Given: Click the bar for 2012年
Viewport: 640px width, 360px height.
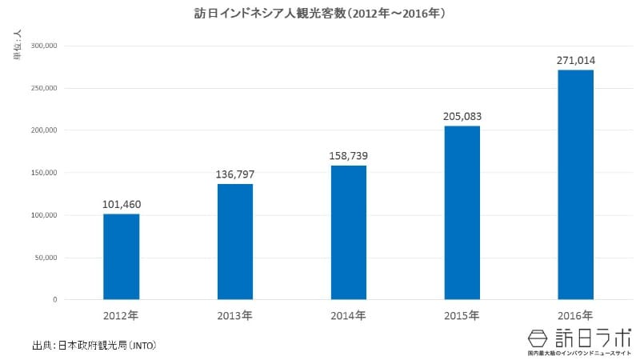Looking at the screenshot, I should [x=121, y=257].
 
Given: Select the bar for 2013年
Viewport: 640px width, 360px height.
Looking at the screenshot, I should [x=235, y=242].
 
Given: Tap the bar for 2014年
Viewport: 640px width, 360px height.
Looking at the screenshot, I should [x=349, y=233].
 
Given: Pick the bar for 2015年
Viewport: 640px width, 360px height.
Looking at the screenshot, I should [x=462, y=213].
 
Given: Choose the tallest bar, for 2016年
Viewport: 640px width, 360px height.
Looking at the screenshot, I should [x=576, y=185].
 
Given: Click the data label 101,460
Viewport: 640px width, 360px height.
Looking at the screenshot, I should [x=121, y=204].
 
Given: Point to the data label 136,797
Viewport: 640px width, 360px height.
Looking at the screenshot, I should [x=235, y=174].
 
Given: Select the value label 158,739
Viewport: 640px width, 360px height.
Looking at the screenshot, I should [x=349, y=156].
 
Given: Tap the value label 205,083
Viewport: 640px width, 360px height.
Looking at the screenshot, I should [x=462, y=117].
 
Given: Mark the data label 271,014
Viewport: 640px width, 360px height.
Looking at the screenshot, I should [x=576, y=60].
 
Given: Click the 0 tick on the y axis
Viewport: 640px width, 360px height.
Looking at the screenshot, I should [x=54, y=300].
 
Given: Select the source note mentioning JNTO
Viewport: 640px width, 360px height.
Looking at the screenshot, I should [x=94, y=346].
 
